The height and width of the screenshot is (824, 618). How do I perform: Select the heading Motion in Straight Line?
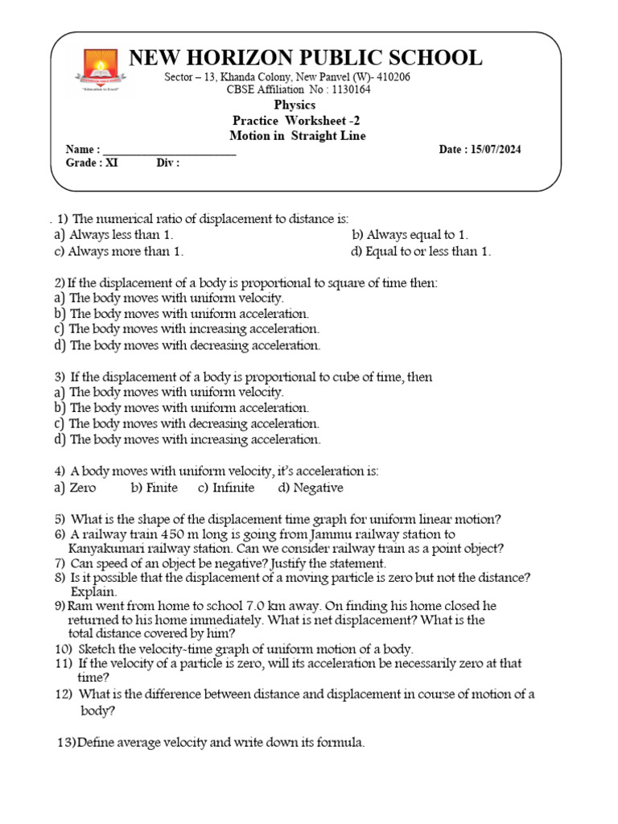[297, 136]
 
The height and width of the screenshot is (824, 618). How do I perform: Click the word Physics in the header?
[295, 105]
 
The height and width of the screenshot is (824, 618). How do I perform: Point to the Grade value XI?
[113, 163]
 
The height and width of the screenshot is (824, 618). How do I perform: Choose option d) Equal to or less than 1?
[421, 251]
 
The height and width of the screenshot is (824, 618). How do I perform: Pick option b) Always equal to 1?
[410, 235]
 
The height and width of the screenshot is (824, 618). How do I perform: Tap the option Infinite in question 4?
[233, 488]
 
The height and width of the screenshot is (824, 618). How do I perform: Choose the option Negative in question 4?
[318, 488]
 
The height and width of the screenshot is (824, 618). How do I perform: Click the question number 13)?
[66, 744]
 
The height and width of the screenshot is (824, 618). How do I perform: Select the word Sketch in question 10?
[97, 649]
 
